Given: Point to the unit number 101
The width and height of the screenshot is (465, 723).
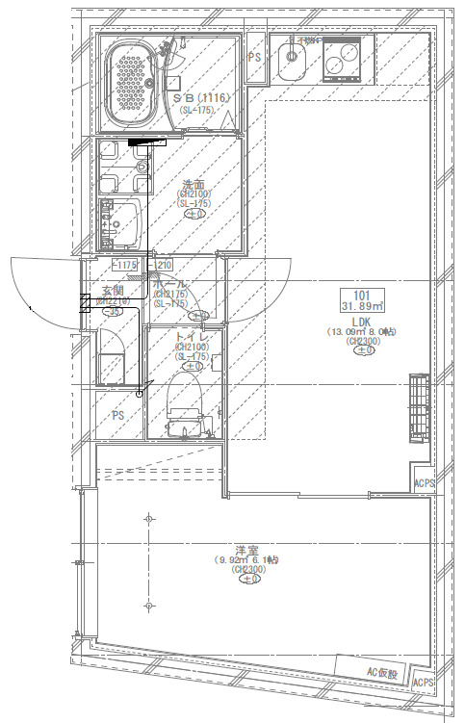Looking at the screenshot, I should (362, 296).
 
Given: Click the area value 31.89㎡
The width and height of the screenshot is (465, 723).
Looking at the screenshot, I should (362, 307).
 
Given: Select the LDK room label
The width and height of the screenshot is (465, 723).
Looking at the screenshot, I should (362, 321).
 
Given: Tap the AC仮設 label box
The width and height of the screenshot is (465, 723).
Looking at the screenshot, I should (380, 671).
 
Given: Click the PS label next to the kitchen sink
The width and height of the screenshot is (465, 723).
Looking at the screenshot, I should (255, 58).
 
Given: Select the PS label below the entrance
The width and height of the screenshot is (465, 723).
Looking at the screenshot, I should (118, 415).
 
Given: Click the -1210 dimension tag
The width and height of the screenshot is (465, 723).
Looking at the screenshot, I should (161, 265).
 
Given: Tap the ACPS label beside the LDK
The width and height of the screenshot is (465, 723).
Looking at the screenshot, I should (424, 483).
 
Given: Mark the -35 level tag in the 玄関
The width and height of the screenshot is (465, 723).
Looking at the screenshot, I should (113, 312).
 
